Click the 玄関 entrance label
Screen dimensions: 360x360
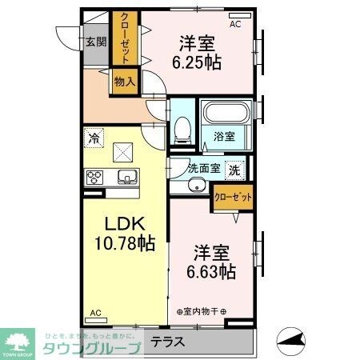(x=97, y=42)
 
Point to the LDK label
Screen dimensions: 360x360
(x=118, y=224)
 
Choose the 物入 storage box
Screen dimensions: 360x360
(x=125, y=81)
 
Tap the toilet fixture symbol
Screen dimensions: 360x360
(x=182, y=127)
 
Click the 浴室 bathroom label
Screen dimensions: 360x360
(x=223, y=137)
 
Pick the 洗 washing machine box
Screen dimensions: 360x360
(x=235, y=169)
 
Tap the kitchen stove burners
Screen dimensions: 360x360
(x=95, y=178)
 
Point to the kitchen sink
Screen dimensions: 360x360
(x=126, y=178)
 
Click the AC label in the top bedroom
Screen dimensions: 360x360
(x=235, y=25)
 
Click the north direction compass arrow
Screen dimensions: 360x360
(x=293, y=342)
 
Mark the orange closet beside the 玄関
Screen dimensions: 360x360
(x=125, y=38)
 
